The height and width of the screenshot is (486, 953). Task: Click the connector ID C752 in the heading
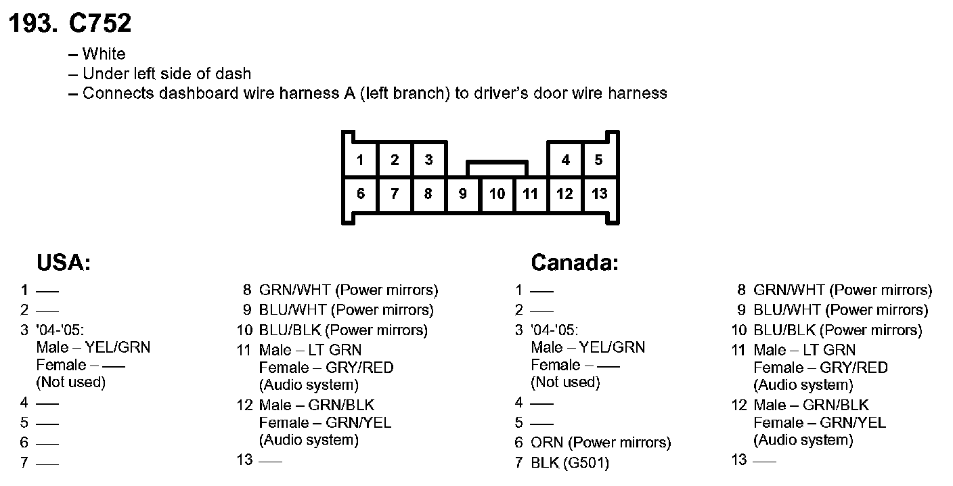(x=100, y=24)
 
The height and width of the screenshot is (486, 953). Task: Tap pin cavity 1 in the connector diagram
(x=361, y=160)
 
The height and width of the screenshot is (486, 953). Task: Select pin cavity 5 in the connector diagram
(x=598, y=160)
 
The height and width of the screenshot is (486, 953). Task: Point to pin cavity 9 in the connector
(x=463, y=194)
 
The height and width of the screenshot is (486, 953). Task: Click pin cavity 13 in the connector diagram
(x=599, y=194)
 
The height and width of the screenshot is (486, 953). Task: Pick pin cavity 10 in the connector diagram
(x=497, y=194)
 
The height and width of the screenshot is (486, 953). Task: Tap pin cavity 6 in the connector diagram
(x=361, y=194)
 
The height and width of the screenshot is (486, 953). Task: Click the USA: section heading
(x=64, y=263)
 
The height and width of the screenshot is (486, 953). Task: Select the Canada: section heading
(x=575, y=263)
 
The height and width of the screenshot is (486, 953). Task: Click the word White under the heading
(x=104, y=54)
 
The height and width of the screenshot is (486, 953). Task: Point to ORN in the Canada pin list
(x=547, y=443)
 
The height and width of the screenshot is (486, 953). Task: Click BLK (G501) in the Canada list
(x=570, y=463)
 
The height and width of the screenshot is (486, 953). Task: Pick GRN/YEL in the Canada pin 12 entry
(x=852, y=423)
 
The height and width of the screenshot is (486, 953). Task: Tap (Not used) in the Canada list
(x=566, y=382)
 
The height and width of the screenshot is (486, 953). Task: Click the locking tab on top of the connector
(x=497, y=167)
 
